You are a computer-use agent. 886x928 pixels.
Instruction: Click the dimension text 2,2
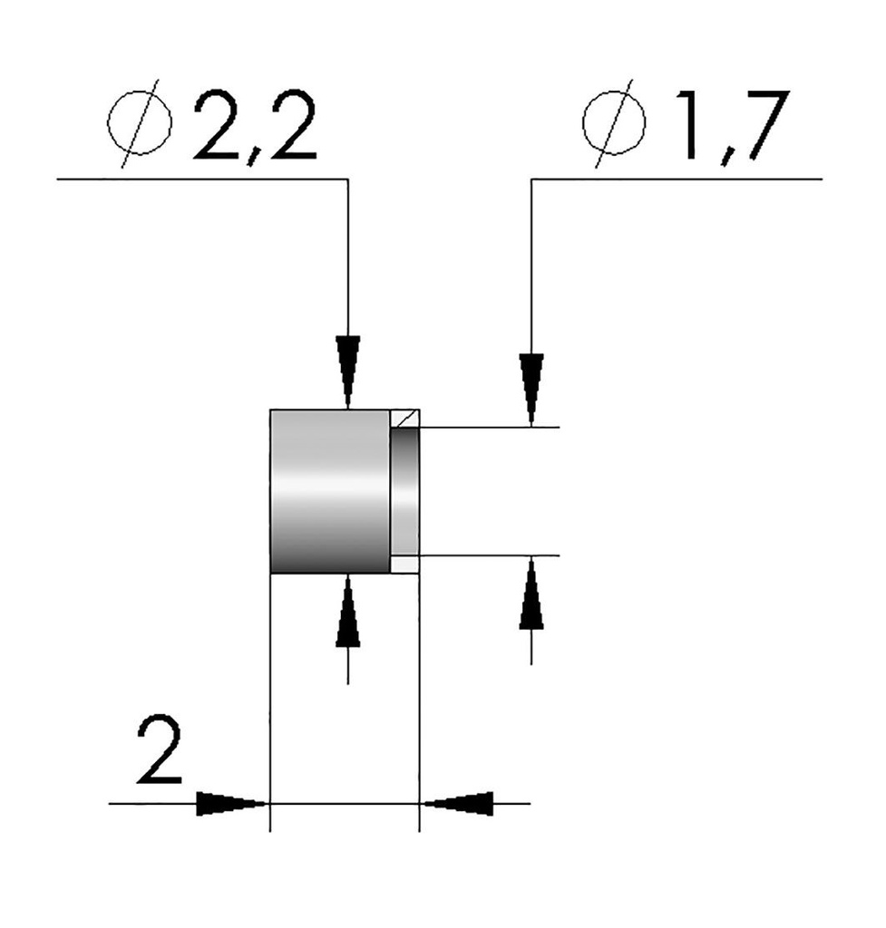tap(255, 127)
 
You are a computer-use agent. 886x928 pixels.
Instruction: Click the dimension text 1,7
tap(725, 127)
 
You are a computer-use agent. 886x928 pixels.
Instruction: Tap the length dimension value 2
tap(160, 751)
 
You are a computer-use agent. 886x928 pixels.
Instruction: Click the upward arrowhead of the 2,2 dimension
tap(348, 616)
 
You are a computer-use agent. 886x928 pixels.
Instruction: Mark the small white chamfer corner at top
tap(405, 418)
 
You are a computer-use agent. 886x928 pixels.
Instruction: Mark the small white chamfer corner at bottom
tap(405, 565)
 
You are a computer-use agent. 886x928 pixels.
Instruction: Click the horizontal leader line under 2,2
tap(200, 179)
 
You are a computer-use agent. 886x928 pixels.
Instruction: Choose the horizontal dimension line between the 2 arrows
tap(345, 803)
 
